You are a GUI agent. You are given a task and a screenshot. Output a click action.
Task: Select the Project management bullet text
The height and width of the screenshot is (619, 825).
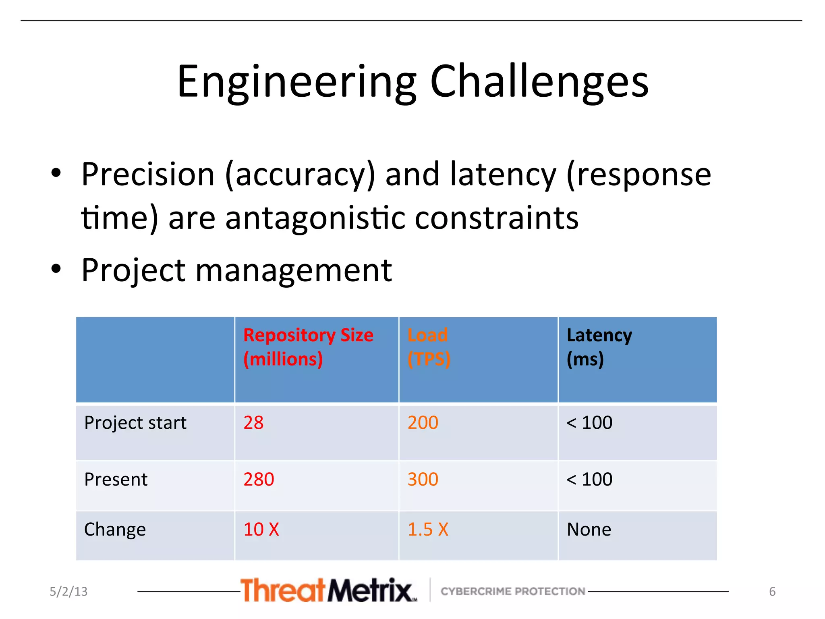[236, 270]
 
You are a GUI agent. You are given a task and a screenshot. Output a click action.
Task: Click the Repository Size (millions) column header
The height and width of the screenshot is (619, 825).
[308, 347]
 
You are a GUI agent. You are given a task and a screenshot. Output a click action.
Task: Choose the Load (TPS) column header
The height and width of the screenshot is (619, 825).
[429, 347]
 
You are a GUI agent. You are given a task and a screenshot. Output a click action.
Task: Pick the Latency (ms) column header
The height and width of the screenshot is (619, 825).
[599, 347]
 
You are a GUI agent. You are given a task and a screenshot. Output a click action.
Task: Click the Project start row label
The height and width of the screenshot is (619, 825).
[135, 423]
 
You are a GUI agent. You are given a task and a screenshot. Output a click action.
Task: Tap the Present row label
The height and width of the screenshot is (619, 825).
[116, 479]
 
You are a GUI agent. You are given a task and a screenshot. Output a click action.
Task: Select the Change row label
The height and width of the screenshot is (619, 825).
[115, 529]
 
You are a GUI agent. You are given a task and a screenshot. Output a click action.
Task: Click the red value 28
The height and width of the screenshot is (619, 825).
[253, 423]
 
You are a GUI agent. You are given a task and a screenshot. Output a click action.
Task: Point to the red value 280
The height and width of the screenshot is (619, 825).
[259, 479]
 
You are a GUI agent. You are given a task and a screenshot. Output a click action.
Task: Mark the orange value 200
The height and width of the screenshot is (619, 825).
[423, 423]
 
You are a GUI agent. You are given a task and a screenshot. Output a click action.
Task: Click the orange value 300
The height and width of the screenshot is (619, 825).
[423, 479]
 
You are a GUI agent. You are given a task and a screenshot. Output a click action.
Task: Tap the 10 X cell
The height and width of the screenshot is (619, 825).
[261, 529]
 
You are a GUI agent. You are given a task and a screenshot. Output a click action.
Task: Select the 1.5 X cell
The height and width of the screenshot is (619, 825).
[428, 529]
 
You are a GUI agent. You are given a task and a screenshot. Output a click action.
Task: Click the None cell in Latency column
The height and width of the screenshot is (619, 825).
[589, 529]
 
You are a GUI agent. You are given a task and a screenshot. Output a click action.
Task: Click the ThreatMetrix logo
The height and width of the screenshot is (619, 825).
[328, 590]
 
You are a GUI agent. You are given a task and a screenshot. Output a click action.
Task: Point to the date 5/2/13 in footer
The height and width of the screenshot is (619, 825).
[68, 591]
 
